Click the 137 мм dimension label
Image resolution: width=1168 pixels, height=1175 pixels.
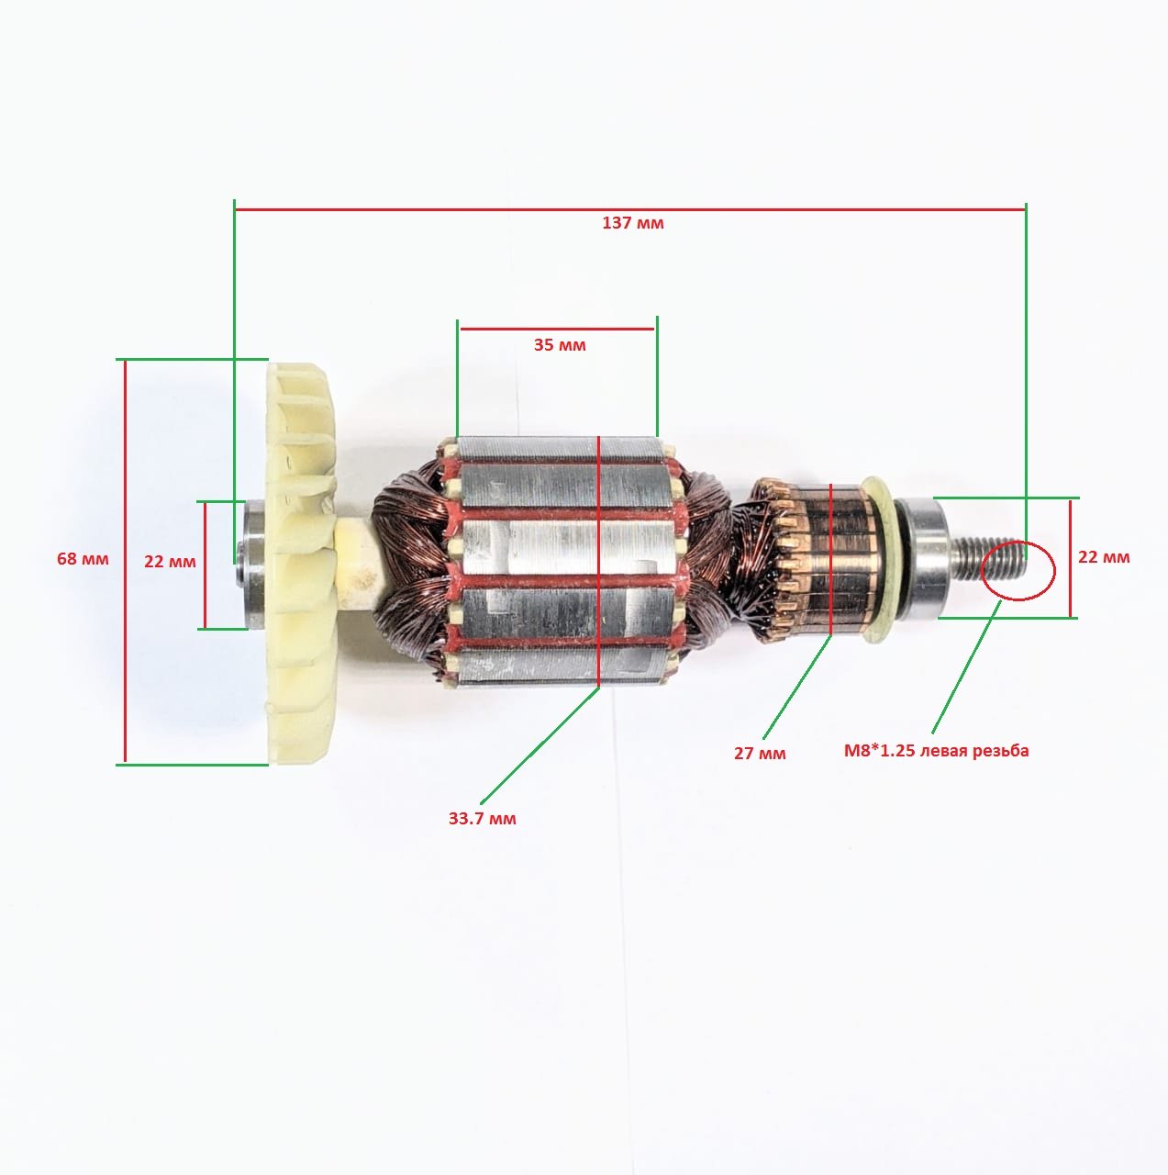tap(633, 223)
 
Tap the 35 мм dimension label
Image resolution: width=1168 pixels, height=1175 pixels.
tap(560, 345)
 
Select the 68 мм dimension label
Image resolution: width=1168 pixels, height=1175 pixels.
tap(83, 558)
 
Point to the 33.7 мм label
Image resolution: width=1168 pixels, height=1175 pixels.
tap(483, 818)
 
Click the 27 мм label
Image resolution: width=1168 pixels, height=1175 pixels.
tap(760, 753)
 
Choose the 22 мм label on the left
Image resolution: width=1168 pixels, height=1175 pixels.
tap(170, 561)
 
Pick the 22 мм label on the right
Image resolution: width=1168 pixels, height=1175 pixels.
tap(1104, 556)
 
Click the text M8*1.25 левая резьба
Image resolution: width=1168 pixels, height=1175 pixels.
tap(937, 751)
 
